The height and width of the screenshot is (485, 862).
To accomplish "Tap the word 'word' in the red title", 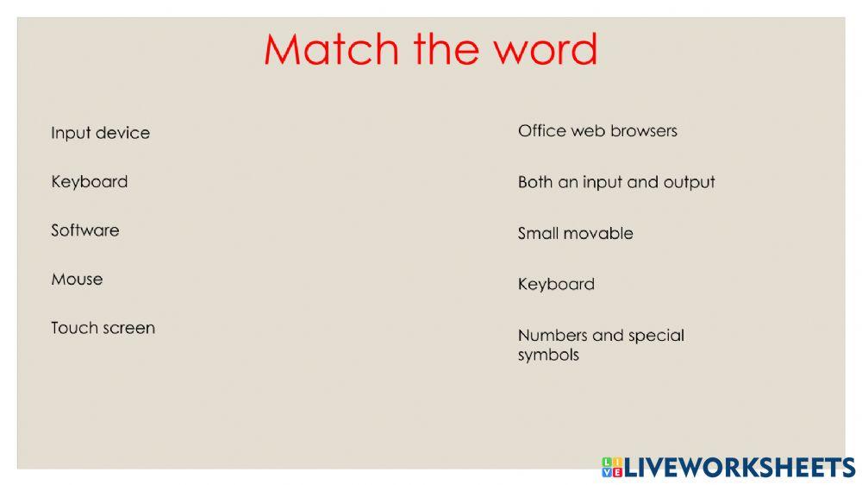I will point(545,50).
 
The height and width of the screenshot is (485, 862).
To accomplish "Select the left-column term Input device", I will point(100,133).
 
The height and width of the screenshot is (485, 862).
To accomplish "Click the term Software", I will point(84,230).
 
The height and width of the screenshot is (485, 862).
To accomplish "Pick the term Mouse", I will point(77,280).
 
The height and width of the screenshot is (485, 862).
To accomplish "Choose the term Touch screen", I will point(103,328).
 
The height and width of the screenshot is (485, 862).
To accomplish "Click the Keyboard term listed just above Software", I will point(89,182).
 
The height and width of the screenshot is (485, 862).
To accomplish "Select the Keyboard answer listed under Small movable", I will point(556,284).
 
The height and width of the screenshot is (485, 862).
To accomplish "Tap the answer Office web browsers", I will point(597,131).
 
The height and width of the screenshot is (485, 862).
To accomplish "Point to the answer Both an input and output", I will point(616,182).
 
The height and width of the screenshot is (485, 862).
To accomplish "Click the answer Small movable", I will point(575,233).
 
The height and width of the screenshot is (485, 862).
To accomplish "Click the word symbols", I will point(548,355).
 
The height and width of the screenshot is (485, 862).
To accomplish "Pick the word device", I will point(122,133).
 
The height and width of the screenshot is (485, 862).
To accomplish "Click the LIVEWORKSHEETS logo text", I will point(740,468).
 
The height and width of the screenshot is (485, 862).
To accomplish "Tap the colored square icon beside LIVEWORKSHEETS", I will point(612,468).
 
